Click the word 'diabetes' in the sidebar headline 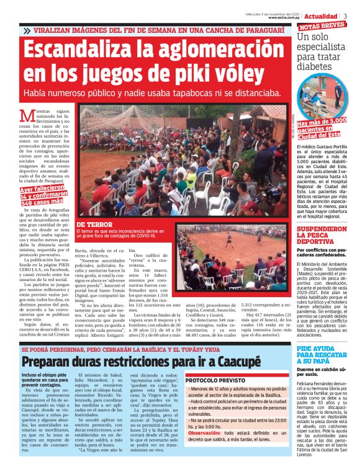[x=320, y=67]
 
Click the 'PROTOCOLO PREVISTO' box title [x=214, y=380]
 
